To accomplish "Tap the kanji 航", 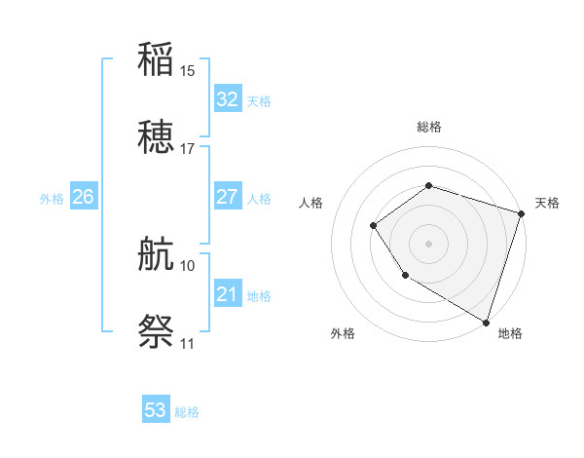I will click(157, 255).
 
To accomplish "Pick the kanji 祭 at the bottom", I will click(157, 332).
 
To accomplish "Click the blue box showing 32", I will click(228, 98).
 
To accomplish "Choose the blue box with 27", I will click(228, 197).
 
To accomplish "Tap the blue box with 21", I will click(228, 294).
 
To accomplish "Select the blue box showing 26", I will click(83, 197).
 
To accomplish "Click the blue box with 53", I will click(156, 410).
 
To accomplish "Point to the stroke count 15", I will click(188, 70).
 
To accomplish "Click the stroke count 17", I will click(188, 149).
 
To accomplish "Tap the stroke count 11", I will click(188, 344).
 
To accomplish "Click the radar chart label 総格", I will click(428, 127).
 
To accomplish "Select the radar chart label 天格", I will click(547, 203).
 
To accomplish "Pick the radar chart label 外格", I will click(343, 333).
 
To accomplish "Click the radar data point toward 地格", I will click(485, 321).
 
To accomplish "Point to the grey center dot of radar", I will click(428, 244).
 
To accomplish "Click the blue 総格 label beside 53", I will click(187, 412).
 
